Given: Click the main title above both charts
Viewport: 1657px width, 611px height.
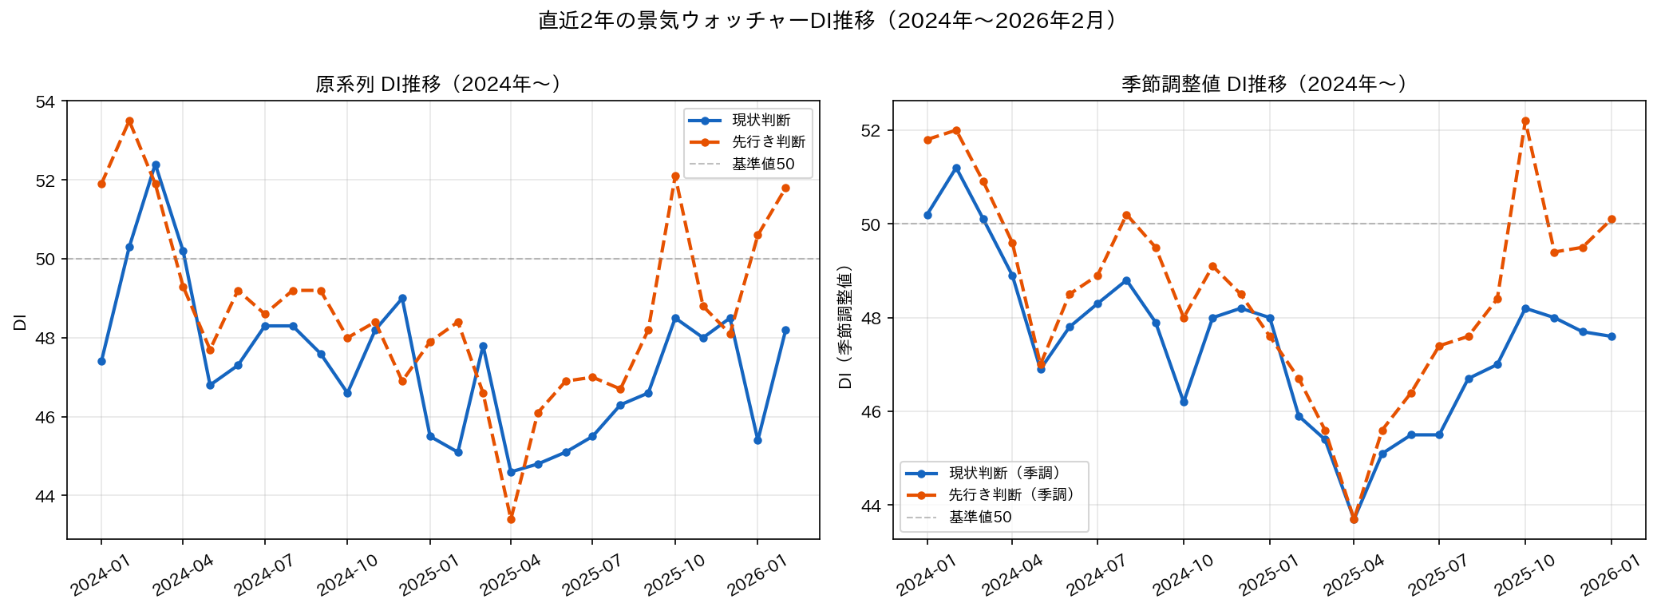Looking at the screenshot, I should [828, 21].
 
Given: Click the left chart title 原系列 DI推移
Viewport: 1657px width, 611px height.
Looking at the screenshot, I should [438, 84].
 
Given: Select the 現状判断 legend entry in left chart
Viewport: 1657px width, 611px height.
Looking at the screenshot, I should [761, 120].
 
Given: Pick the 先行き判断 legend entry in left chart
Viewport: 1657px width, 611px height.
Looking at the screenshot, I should [768, 142].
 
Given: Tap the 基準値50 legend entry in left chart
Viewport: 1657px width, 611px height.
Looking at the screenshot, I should [763, 164].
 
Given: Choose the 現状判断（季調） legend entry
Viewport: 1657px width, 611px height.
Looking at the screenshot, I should [1005, 473].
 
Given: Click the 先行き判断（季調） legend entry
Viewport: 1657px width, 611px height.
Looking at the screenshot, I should [1012, 495].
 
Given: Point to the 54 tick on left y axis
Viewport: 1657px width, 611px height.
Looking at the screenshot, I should [45, 101].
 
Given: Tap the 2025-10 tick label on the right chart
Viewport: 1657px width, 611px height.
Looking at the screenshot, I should [1525, 575].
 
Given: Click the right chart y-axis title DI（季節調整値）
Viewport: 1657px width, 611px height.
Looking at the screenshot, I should [845, 327].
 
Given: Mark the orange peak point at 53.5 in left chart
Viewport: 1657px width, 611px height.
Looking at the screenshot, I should [129, 121].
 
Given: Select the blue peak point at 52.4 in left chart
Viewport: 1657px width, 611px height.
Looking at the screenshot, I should [156, 165].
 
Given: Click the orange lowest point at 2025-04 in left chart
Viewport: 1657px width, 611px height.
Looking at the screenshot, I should [511, 519].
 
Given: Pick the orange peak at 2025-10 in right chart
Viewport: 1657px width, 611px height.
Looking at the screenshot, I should [1525, 121].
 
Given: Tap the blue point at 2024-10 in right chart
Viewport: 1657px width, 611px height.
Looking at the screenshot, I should [1184, 402].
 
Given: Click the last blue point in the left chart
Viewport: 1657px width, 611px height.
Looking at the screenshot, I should [785, 330].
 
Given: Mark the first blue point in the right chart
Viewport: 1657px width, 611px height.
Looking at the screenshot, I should [927, 215].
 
